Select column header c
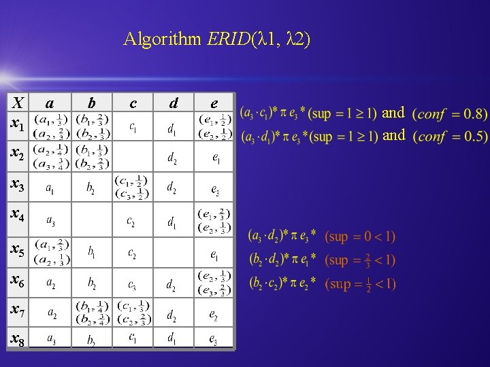point(133,103)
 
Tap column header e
point(214,103)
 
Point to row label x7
point(17,311)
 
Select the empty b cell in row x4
point(92,220)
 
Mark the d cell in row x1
point(174,127)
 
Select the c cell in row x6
point(133,284)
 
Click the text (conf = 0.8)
point(450,113)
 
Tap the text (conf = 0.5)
point(450,136)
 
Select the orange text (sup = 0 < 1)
point(359,237)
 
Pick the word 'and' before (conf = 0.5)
point(393,136)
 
